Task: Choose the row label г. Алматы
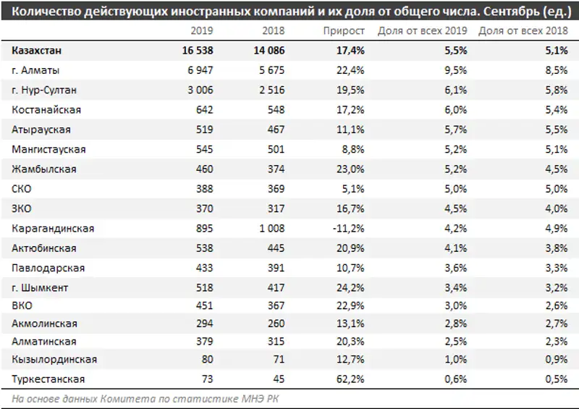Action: click(x=36, y=70)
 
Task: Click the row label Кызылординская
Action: click(x=54, y=359)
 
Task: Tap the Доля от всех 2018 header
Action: click(x=523, y=30)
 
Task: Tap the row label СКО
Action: click(x=22, y=189)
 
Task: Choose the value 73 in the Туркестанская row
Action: click(x=206, y=379)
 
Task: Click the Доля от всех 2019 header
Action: click(x=422, y=30)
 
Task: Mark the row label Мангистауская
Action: click(x=48, y=149)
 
